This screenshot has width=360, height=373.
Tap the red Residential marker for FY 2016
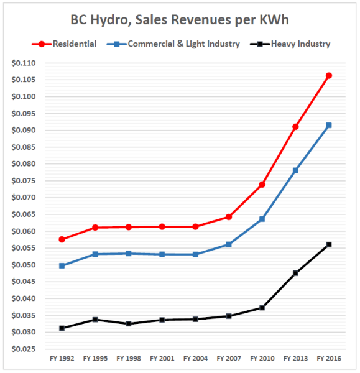(x=329, y=76)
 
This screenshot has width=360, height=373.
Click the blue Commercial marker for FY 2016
(x=329, y=126)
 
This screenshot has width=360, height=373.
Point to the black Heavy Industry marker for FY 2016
(x=329, y=244)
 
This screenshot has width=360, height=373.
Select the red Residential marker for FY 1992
(x=62, y=239)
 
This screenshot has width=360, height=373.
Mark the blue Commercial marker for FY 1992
(x=62, y=265)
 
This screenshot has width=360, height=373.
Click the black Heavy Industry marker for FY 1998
(x=129, y=323)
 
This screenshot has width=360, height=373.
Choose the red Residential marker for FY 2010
(x=262, y=185)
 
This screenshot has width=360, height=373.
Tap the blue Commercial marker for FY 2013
(x=295, y=170)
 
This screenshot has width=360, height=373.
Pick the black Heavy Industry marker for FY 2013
(x=295, y=273)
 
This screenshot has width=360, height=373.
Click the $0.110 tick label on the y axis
(x=24, y=63)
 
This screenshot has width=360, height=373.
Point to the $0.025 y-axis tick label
(x=24, y=349)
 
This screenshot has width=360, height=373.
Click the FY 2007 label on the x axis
(x=229, y=359)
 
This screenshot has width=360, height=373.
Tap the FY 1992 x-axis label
(x=62, y=359)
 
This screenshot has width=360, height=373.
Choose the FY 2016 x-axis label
(x=329, y=359)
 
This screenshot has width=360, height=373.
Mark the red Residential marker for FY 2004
(x=196, y=226)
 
